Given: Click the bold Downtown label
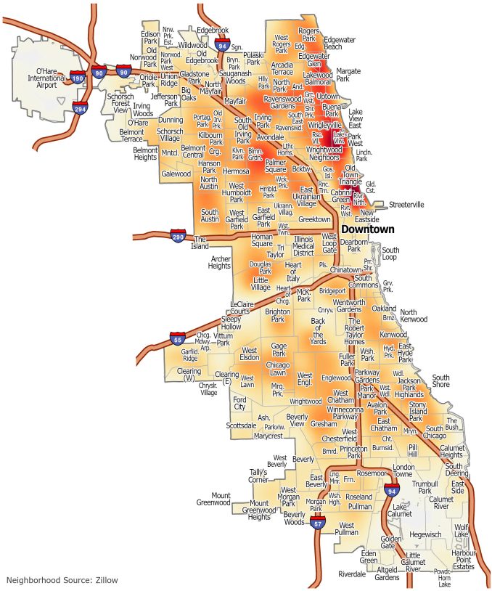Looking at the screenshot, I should point(369,229).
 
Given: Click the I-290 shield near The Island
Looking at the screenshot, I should point(179,236).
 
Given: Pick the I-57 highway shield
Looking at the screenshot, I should point(316,521).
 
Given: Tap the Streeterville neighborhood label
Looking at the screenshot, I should point(406,205).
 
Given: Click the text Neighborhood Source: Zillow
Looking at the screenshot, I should point(62,580).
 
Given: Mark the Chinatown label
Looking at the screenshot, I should point(345,269).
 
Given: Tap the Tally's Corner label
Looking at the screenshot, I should point(258,476).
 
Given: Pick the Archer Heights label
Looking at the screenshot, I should point(220,262).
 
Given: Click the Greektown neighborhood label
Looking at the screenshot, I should point(314,219).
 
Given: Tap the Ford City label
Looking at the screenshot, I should point(239,404).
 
